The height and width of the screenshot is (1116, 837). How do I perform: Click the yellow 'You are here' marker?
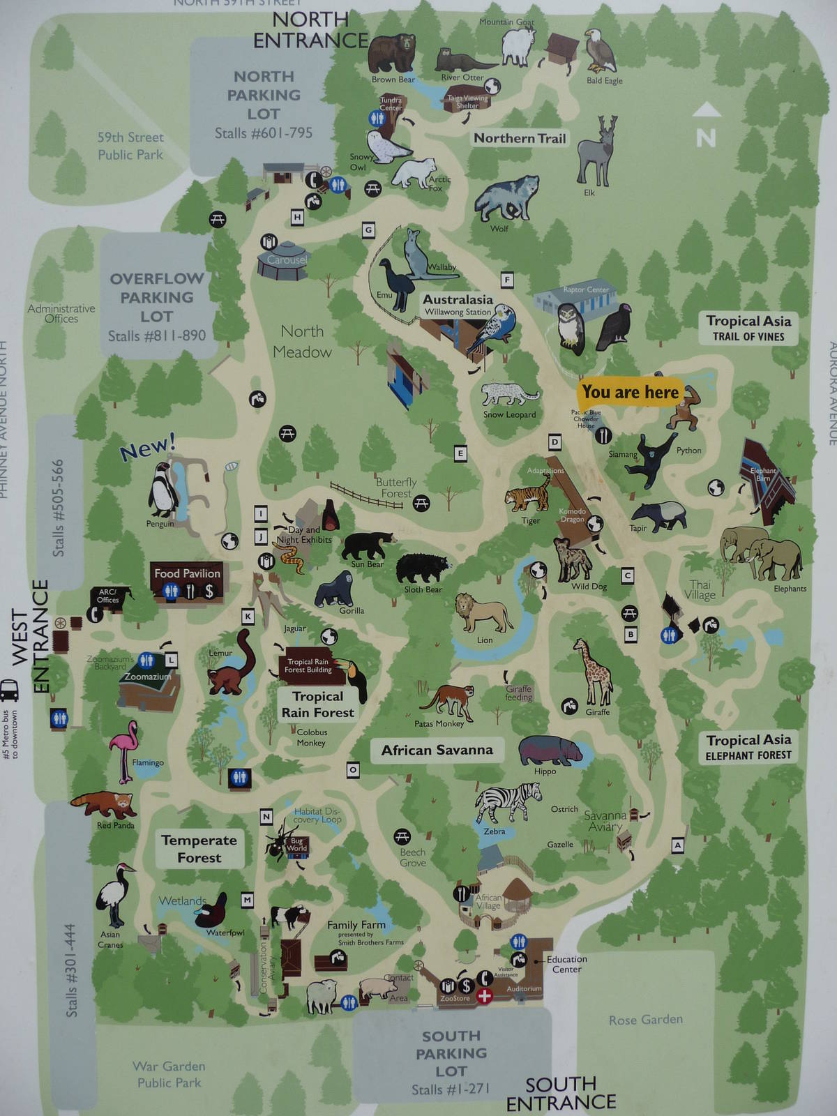point(630,393)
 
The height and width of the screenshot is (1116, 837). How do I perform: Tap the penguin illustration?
point(163,490)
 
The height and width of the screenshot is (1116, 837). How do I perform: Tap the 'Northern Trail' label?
point(520,138)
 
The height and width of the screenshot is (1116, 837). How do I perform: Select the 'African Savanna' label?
point(437,751)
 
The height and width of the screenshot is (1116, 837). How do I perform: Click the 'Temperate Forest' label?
point(199,849)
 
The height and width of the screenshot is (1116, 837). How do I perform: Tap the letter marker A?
point(677,845)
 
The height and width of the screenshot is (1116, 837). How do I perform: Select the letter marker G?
point(368,230)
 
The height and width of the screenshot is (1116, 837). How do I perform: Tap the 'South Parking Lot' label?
point(451,1053)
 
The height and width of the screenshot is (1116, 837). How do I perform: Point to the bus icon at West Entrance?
point(10,691)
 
